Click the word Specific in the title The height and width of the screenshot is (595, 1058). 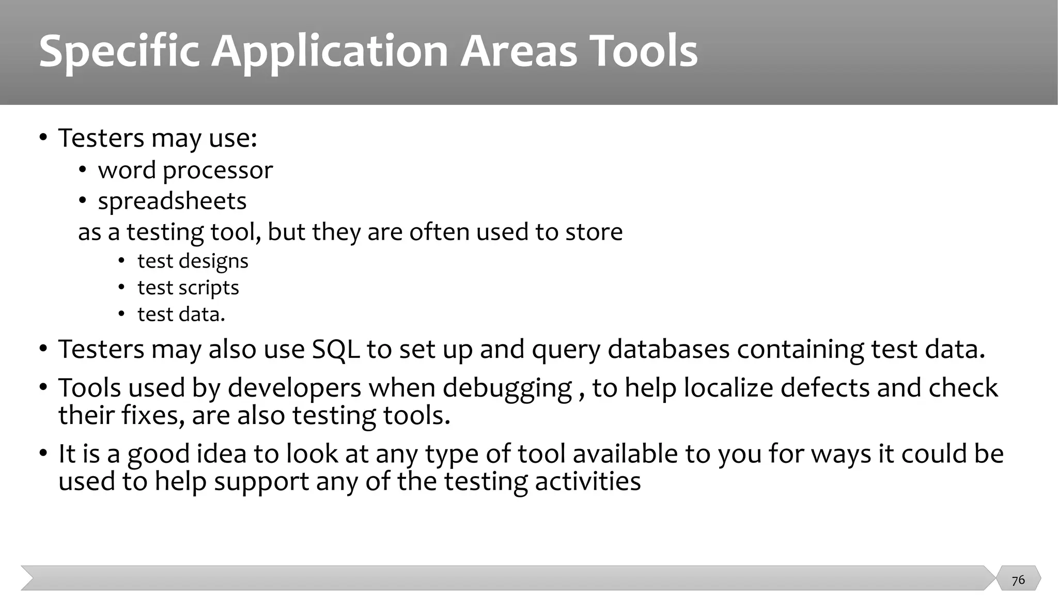tap(119, 52)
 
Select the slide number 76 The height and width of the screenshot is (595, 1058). tap(1018, 580)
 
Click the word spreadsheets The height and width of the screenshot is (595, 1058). tap(172, 201)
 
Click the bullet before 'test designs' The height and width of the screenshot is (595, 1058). tap(121, 261)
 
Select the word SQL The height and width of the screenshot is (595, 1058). tap(336, 349)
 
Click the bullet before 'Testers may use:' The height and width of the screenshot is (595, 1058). tap(43, 138)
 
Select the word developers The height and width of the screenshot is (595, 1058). tap(294, 388)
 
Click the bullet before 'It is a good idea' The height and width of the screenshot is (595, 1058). tap(43, 455)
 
